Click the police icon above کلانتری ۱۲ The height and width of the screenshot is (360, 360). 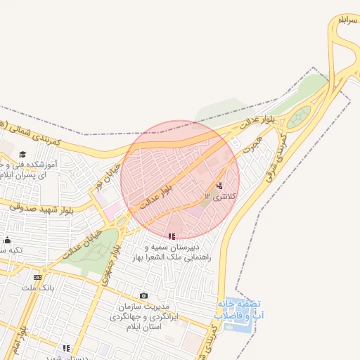click(x=220, y=186)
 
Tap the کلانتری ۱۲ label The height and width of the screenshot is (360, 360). click(x=221, y=195)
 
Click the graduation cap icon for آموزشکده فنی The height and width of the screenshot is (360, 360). click(x=22, y=154)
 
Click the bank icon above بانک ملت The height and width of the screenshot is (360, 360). click(x=37, y=277)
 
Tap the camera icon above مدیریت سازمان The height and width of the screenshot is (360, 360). click(x=144, y=296)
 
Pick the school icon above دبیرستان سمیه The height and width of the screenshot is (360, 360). click(x=172, y=236)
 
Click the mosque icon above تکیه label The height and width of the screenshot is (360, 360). click(x=7, y=240)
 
